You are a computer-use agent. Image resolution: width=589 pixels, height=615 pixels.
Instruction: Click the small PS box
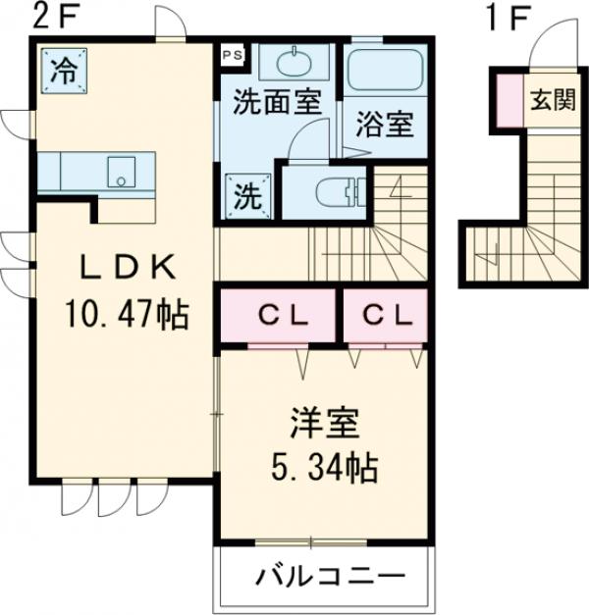232,55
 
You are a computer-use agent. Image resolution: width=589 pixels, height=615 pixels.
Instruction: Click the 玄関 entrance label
552,102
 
